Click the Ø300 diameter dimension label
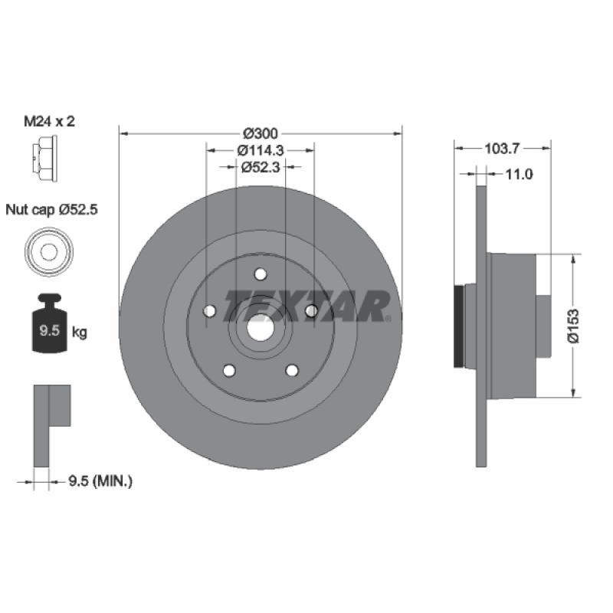click(x=261, y=133)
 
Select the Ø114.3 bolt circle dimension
click(x=261, y=150)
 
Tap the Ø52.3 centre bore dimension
click(x=261, y=167)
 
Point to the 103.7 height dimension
click(x=502, y=149)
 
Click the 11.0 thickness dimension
click(x=520, y=175)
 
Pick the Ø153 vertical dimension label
click(x=573, y=326)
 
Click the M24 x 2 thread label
click(x=49, y=121)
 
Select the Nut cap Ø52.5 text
click(x=51, y=210)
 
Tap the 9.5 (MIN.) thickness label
click(x=100, y=481)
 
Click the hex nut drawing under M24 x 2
click(x=44, y=159)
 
